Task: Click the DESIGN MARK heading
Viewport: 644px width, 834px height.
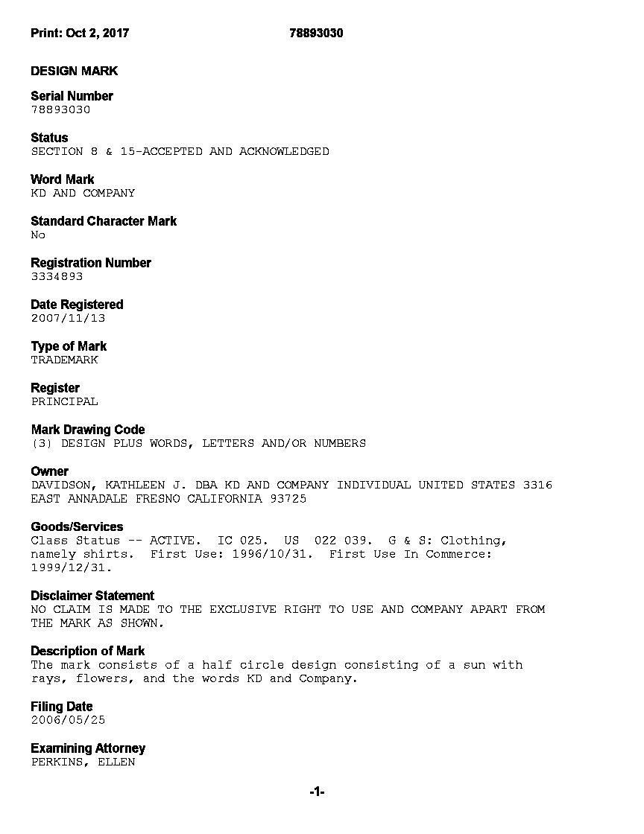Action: pyautogui.click(x=75, y=71)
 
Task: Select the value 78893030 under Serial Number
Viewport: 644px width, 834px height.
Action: pyautogui.click(x=60, y=109)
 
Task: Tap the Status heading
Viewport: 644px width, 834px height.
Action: pyautogui.click(x=49, y=138)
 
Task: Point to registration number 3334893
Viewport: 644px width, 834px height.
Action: pyautogui.click(x=57, y=276)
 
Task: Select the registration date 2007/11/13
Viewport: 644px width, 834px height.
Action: pyautogui.click(x=68, y=318)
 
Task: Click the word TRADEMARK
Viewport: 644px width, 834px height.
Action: pyautogui.click(x=64, y=360)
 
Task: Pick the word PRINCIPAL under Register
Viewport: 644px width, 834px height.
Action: pyautogui.click(x=64, y=401)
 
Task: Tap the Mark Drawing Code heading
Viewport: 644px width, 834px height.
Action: pyautogui.click(x=88, y=430)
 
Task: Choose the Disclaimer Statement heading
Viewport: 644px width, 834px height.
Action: pyautogui.click(x=92, y=596)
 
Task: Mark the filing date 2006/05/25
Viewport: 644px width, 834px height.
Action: pyautogui.click(x=68, y=720)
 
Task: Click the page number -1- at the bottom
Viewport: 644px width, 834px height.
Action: pyautogui.click(x=317, y=792)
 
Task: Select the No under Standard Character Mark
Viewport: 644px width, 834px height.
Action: pyautogui.click(x=38, y=235)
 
